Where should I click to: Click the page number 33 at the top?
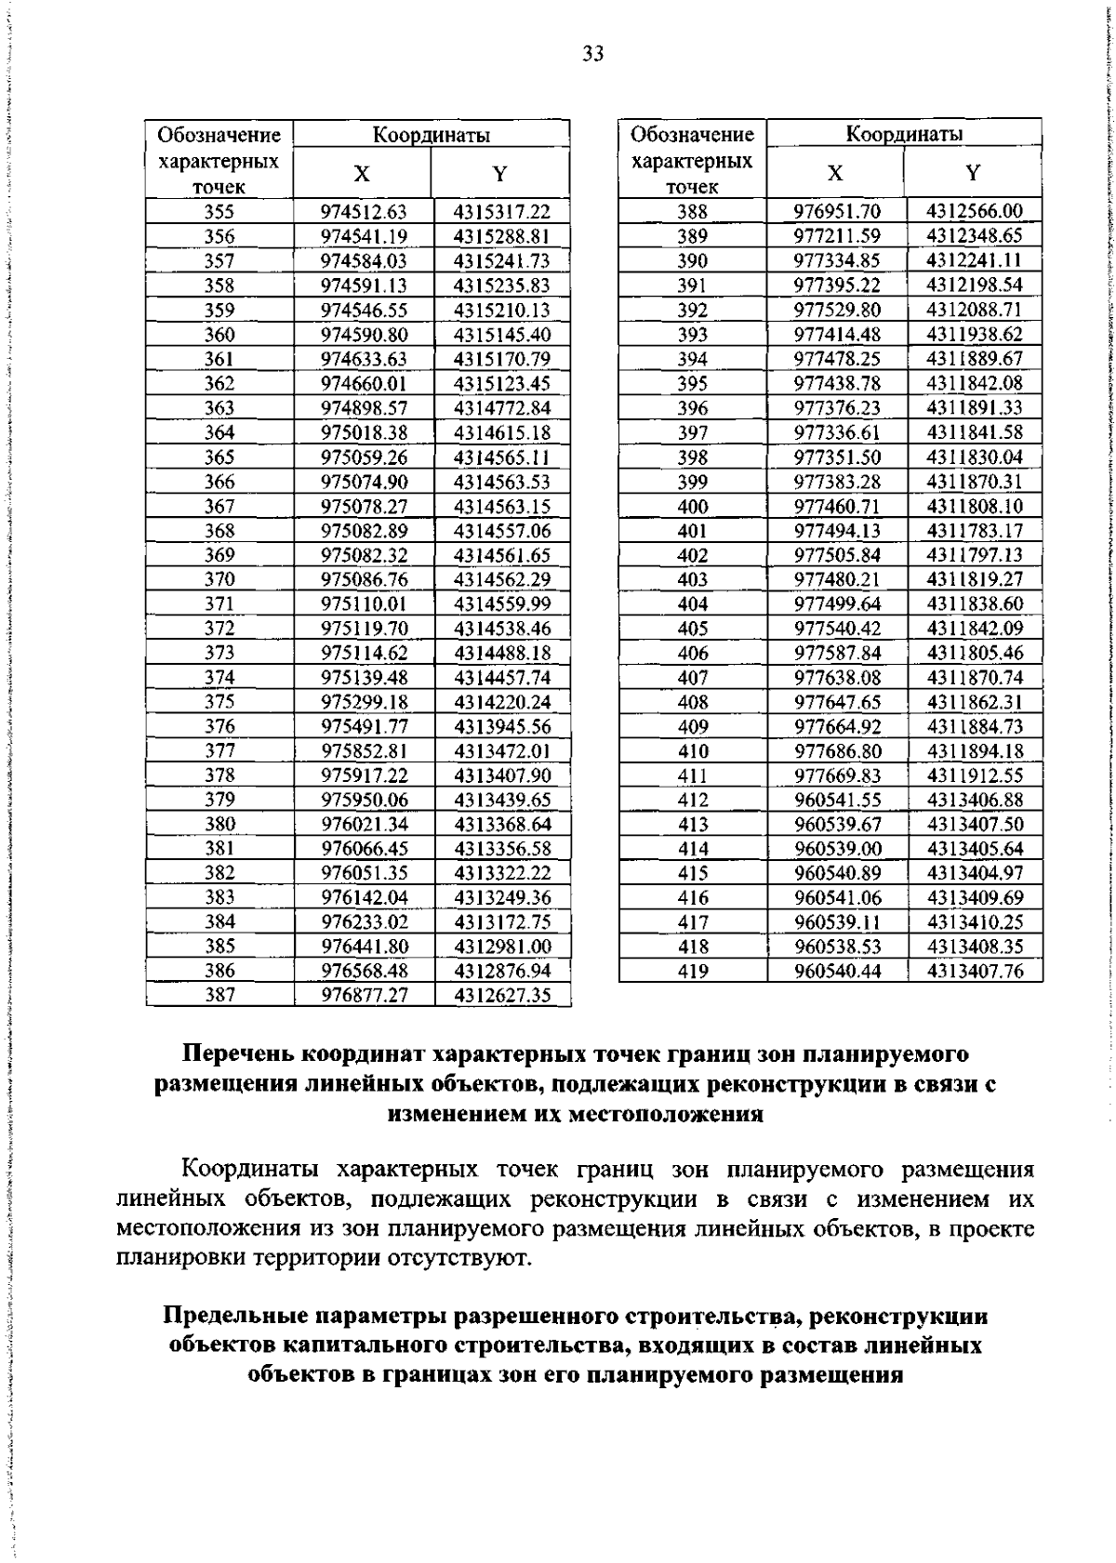[x=593, y=54]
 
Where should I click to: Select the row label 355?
[x=219, y=212]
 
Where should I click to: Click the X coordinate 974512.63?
[x=364, y=212]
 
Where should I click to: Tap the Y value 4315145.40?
[x=502, y=335]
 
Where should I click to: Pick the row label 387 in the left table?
[x=219, y=995]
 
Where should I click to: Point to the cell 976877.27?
[x=364, y=995]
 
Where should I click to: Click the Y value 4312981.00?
[x=502, y=946]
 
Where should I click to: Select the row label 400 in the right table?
[x=693, y=506]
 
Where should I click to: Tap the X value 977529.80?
[x=836, y=310]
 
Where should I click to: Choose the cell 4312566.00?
[x=974, y=212]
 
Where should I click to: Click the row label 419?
[x=693, y=971]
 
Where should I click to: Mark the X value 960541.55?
[x=836, y=800]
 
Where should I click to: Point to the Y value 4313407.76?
[x=974, y=971]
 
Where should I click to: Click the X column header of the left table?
[x=363, y=174]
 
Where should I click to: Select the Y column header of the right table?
[x=973, y=173]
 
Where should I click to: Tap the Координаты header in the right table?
[x=904, y=134]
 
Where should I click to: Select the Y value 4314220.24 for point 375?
[x=502, y=702]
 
